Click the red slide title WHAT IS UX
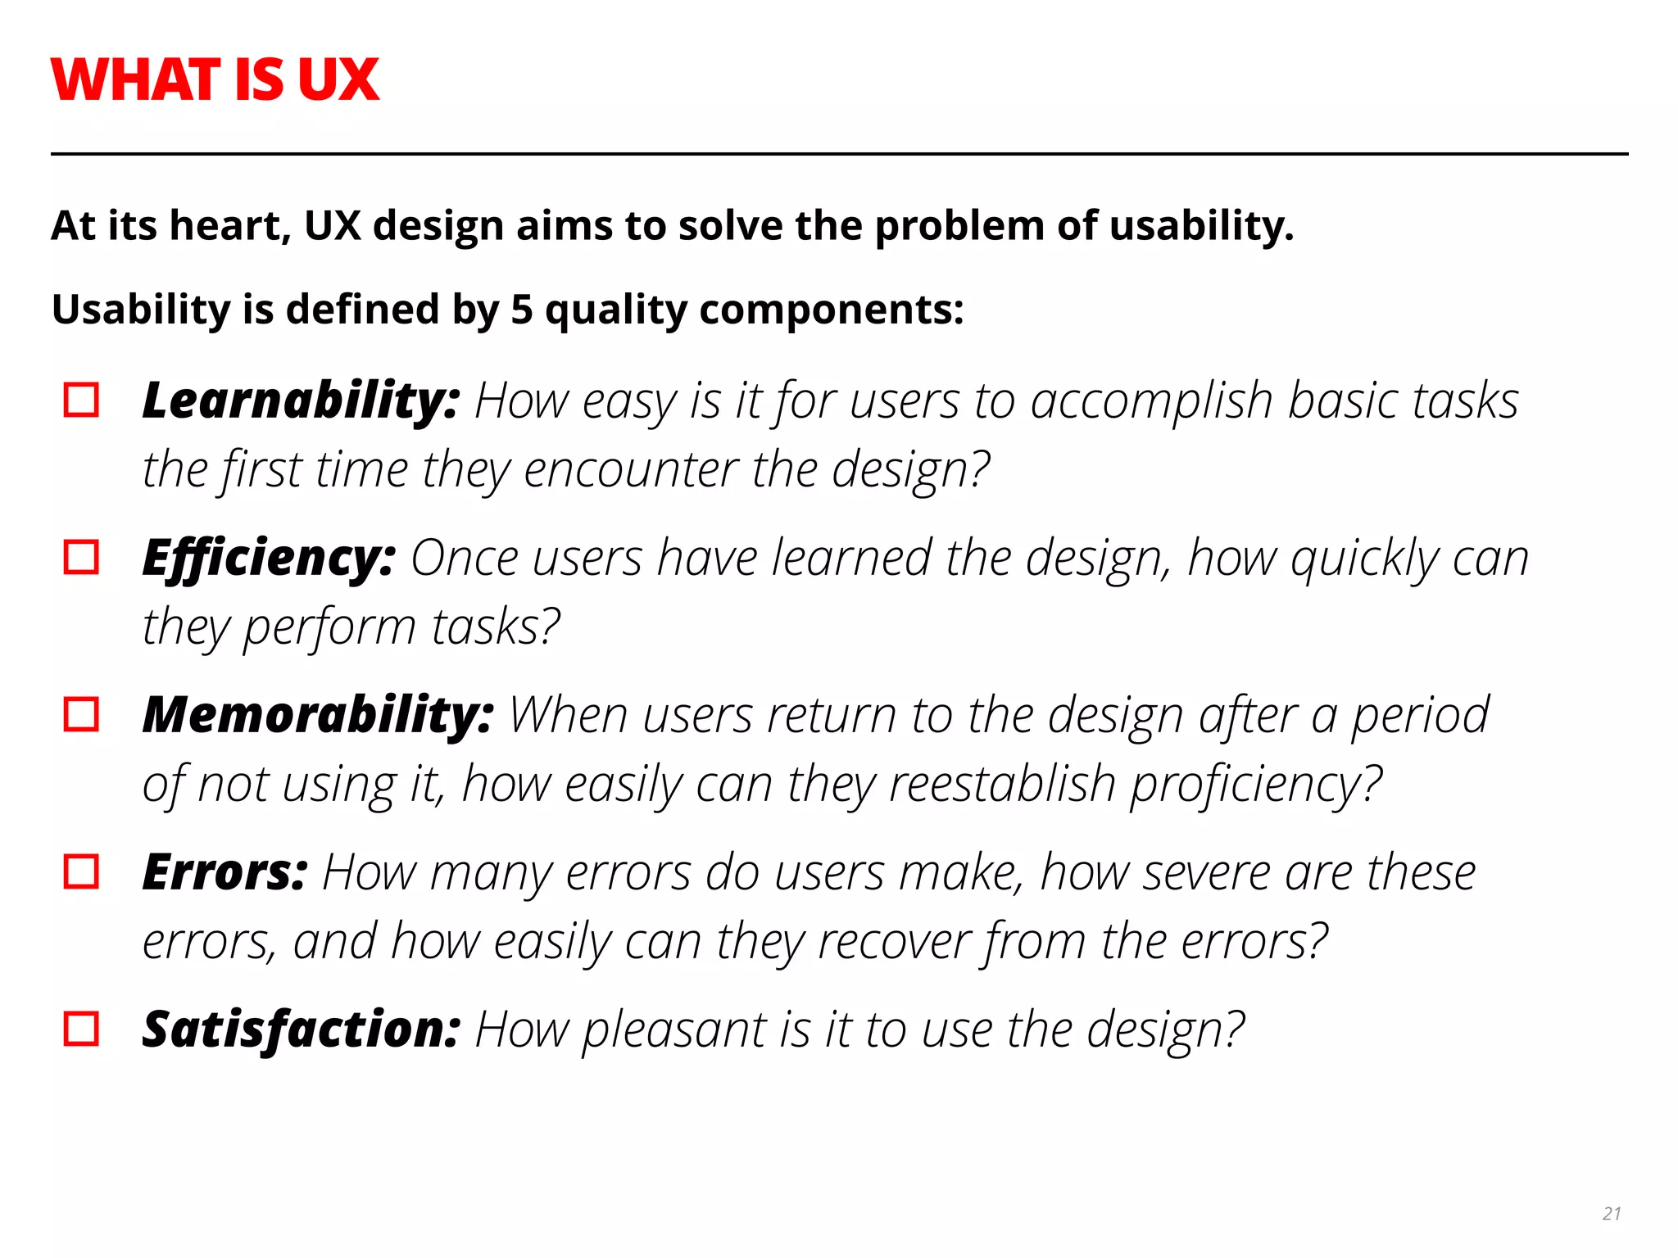pyautogui.click(x=215, y=80)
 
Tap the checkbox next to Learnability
pyautogui.click(x=81, y=400)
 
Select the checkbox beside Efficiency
pyautogui.click(x=81, y=558)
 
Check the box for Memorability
pyautogui.click(x=81, y=715)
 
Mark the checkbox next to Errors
pyautogui.click(x=81, y=872)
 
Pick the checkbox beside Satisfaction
pyautogui.click(x=81, y=1029)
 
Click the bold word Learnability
pyautogui.click(x=300, y=400)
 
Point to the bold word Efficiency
pyautogui.click(x=269, y=558)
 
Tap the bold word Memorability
pyautogui.click(x=318, y=715)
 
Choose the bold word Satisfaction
pyautogui.click(x=301, y=1029)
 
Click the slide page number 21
pyautogui.click(x=1612, y=1214)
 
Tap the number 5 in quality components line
pyautogui.click(x=522, y=310)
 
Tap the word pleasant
pyautogui.click(x=673, y=1030)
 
